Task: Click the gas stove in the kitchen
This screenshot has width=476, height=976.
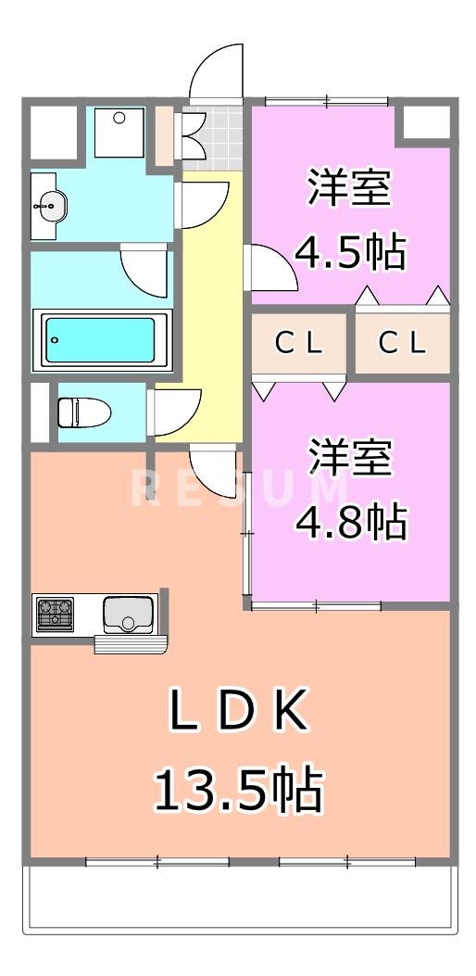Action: (55, 613)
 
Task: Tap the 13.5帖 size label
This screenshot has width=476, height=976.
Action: (237, 790)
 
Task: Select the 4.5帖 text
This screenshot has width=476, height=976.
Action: (350, 252)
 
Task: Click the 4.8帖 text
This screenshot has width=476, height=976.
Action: (350, 523)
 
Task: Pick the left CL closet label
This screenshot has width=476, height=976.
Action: (299, 344)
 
